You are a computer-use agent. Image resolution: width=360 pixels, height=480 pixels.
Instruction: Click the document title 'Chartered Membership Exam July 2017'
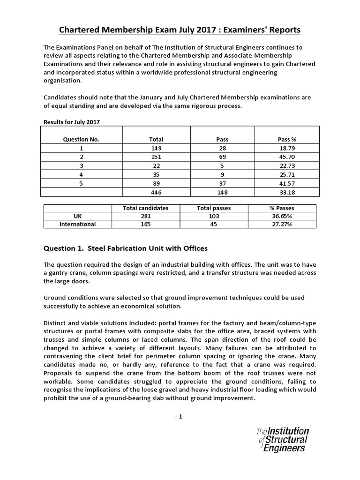point(180,30)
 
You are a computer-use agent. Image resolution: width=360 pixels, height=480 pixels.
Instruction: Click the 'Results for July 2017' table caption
point(72,122)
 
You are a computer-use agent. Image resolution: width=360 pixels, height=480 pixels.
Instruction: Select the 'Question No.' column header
point(81,139)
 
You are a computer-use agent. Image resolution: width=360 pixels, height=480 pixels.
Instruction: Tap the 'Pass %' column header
point(287,139)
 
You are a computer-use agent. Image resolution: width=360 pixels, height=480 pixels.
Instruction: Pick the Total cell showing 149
point(156,148)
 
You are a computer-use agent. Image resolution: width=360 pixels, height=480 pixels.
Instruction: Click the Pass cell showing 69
point(222,157)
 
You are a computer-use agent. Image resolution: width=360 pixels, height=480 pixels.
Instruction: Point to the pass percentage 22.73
point(287,165)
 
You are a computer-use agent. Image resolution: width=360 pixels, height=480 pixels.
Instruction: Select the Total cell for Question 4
point(156,174)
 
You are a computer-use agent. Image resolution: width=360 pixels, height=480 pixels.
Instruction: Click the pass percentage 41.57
point(287,183)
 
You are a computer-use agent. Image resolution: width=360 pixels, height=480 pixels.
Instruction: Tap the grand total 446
point(156,192)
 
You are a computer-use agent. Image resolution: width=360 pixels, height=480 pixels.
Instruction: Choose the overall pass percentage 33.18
point(287,192)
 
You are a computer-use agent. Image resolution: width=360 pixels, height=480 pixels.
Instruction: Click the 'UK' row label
point(77,216)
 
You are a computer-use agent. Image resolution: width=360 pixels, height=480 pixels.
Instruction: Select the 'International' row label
point(77,224)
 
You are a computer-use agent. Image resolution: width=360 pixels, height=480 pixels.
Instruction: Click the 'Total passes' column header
point(213,208)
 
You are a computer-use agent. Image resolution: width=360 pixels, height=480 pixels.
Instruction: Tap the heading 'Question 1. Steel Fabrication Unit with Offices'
point(125,248)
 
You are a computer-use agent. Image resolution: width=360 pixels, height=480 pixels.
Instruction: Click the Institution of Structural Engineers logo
point(283,439)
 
